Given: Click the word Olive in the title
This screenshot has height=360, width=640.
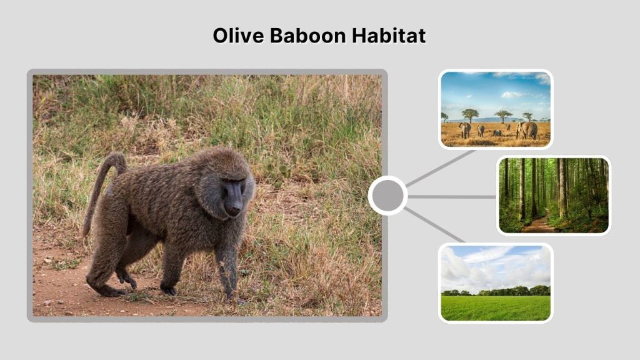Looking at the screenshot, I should pos(239,36).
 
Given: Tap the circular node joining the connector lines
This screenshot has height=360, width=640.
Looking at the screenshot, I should pos(387,196).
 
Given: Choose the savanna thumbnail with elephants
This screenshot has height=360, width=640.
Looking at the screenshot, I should pos(495,109).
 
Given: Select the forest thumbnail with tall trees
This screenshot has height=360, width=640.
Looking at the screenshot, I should pos(553,195).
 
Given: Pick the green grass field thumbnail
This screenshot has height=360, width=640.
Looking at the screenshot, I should pos(495,282).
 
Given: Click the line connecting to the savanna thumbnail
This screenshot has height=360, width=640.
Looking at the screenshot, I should pos(440,169).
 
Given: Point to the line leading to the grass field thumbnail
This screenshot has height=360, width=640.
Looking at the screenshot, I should pos(435,225).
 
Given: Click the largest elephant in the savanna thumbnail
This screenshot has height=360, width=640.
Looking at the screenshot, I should pos(527,129).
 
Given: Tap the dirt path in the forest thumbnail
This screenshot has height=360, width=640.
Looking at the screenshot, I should pos(537,225).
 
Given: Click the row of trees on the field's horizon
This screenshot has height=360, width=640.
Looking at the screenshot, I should pos(495,291).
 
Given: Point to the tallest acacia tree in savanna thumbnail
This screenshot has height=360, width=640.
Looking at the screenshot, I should pos(470,114).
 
